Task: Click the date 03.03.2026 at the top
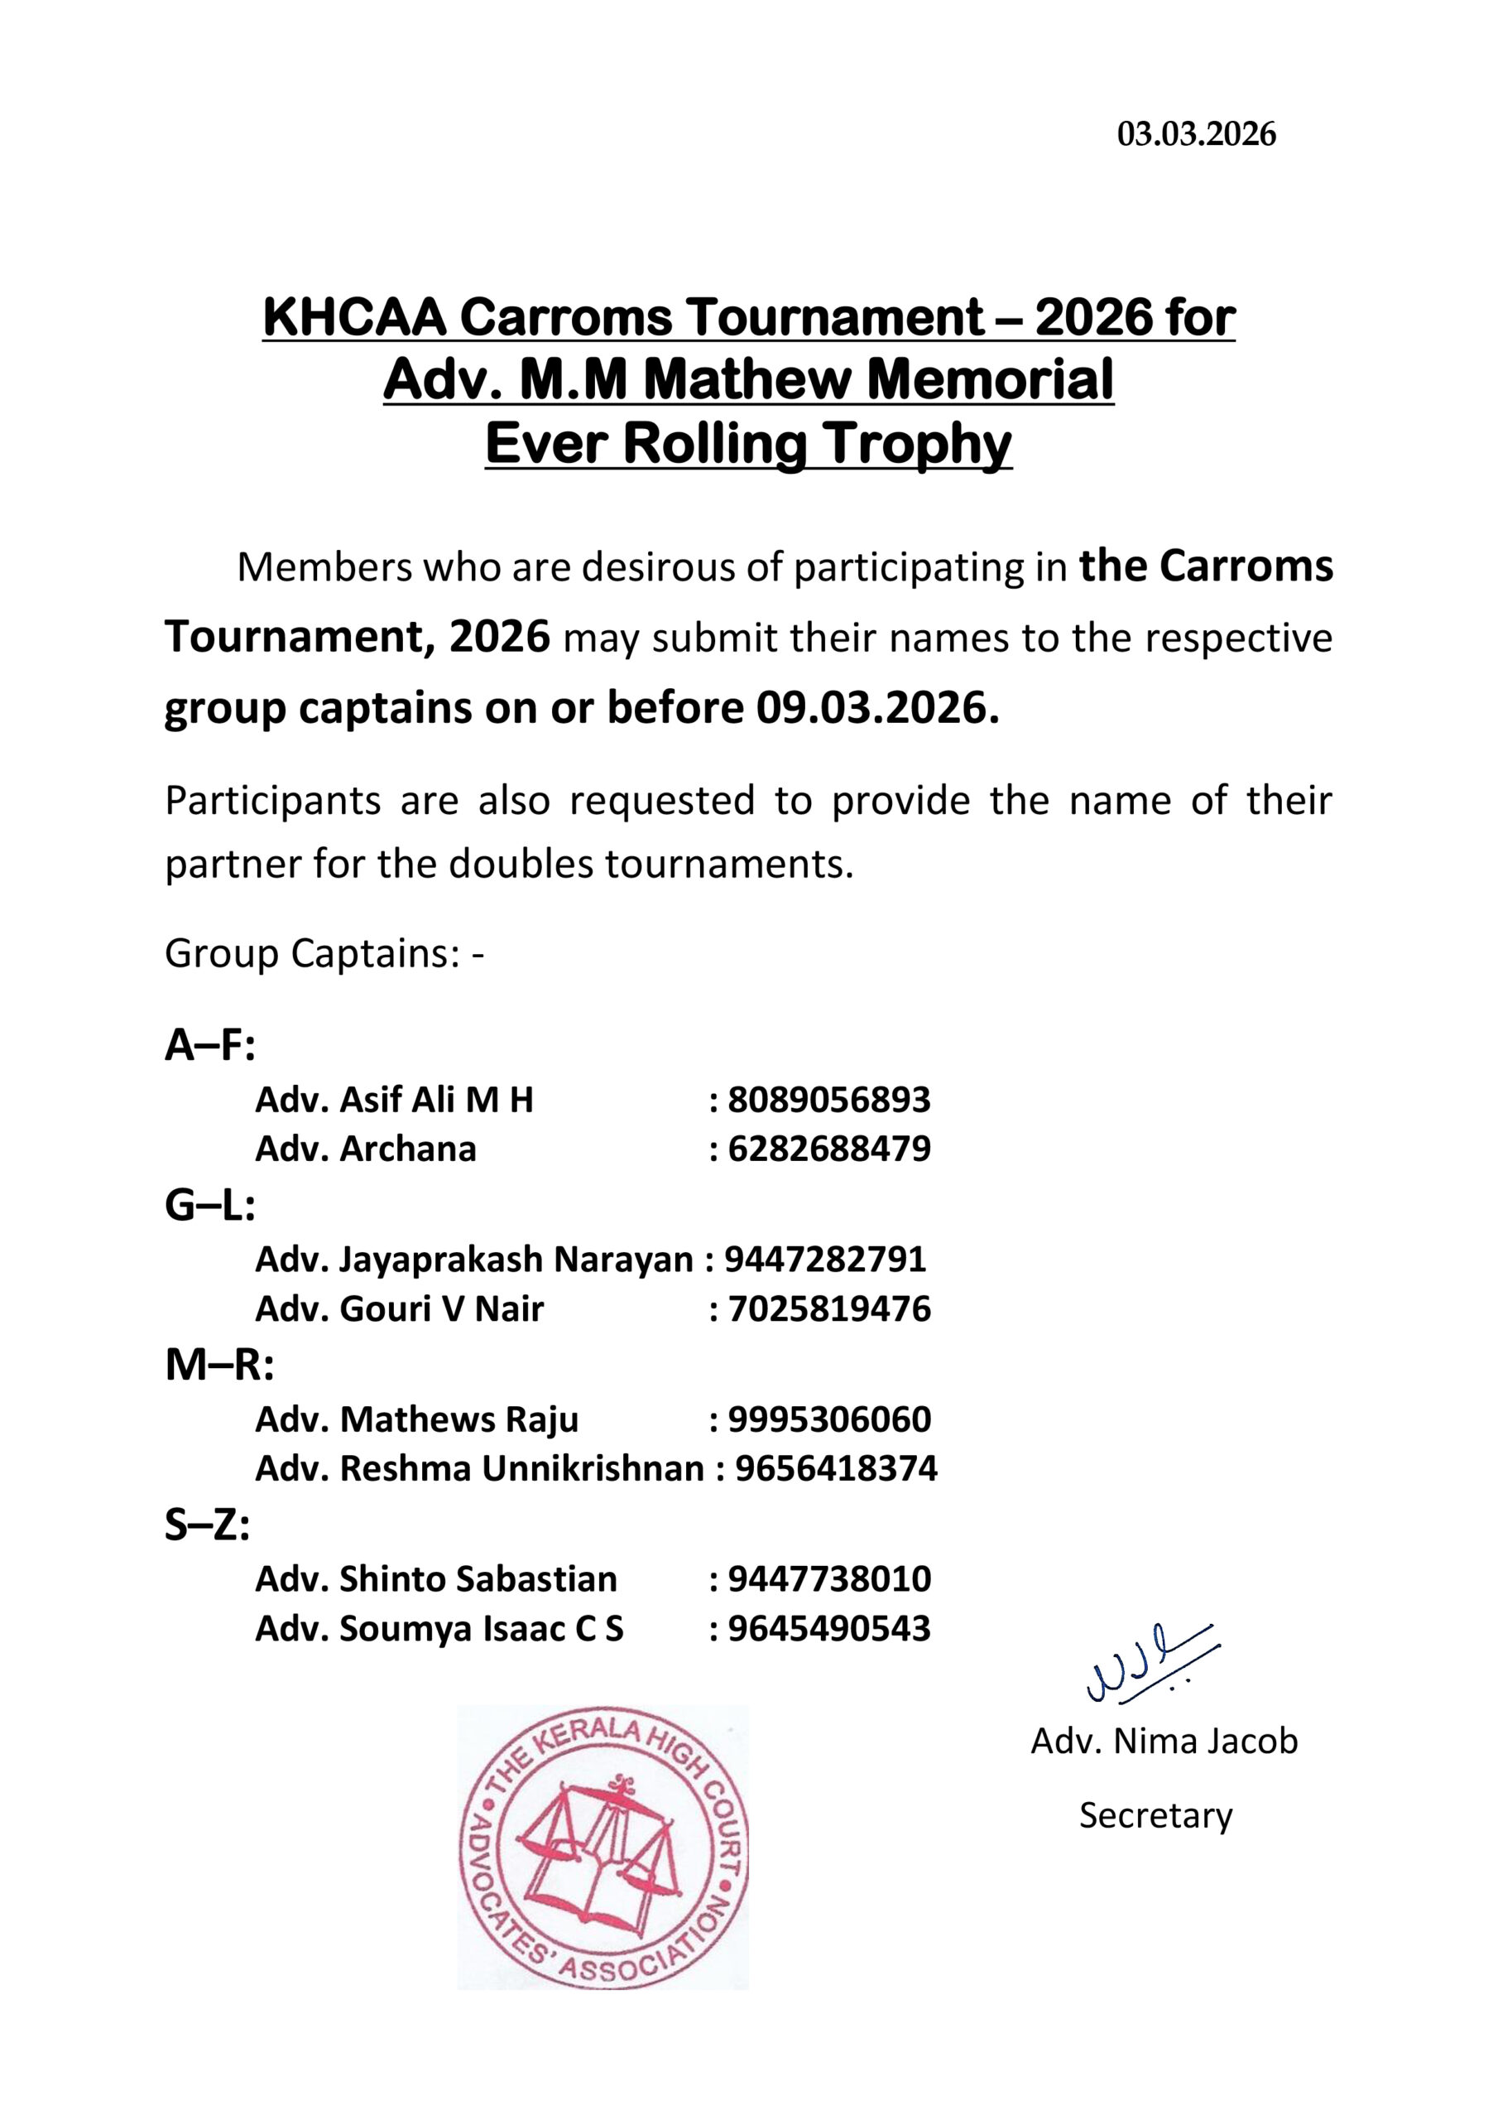point(1196,135)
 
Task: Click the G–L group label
point(209,1205)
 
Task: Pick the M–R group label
point(219,1365)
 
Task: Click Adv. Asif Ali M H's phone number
point(828,1100)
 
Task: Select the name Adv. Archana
point(366,1149)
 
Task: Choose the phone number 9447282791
point(825,1260)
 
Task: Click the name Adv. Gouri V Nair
point(399,1308)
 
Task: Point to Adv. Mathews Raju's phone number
point(828,1419)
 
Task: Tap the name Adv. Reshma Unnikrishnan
point(479,1468)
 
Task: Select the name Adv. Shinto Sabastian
point(435,1579)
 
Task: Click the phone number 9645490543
point(828,1628)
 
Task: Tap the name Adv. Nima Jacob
point(1164,1741)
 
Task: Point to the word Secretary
point(1155,1815)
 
